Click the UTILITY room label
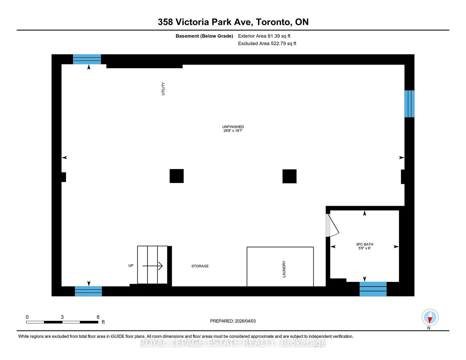pyautogui.click(x=163, y=89)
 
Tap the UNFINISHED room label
pyautogui.click(x=233, y=127)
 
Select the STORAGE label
pyautogui.click(x=200, y=266)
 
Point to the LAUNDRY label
pyautogui.click(x=284, y=269)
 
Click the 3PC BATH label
pyautogui.click(x=364, y=244)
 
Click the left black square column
pyautogui.click(x=177, y=176)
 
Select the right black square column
pyautogui.click(x=290, y=176)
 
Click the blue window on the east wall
pyautogui.click(x=409, y=104)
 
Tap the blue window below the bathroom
pyautogui.click(x=373, y=289)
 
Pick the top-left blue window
pyautogui.click(x=87, y=59)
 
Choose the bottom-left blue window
pyautogui.click(x=88, y=291)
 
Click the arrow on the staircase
pyautogui.click(x=153, y=266)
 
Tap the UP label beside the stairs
pyautogui.click(x=131, y=265)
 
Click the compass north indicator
pyautogui.click(x=430, y=317)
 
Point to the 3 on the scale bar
pyautogui.click(x=62, y=317)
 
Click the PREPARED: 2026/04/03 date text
pyautogui.click(x=233, y=321)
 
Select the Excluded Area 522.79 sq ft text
pyautogui.click(x=267, y=44)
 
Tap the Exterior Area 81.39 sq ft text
pyautogui.click(x=264, y=36)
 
